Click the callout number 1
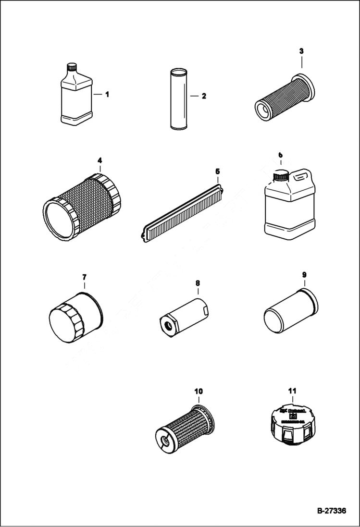pos(107,95)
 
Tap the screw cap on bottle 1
pos(72,68)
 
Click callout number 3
pos(301,50)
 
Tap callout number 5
pos(217,171)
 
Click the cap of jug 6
pos(280,176)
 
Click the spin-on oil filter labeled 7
pos(76,317)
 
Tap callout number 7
pos(84,277)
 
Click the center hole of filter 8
pos(168,326)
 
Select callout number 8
pos(198,283)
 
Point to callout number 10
pos(199,392)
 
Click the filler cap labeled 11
pos(293,423)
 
